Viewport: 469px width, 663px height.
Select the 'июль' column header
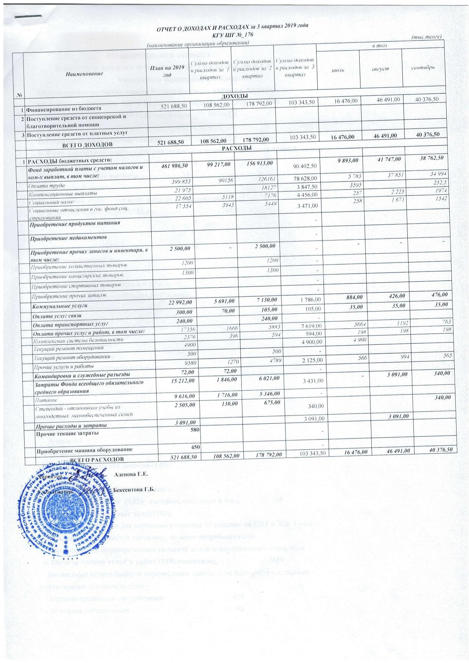click(338, 70)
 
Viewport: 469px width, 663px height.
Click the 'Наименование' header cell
click(84, 73)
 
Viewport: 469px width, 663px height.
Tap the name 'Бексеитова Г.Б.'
click(134, 489)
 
